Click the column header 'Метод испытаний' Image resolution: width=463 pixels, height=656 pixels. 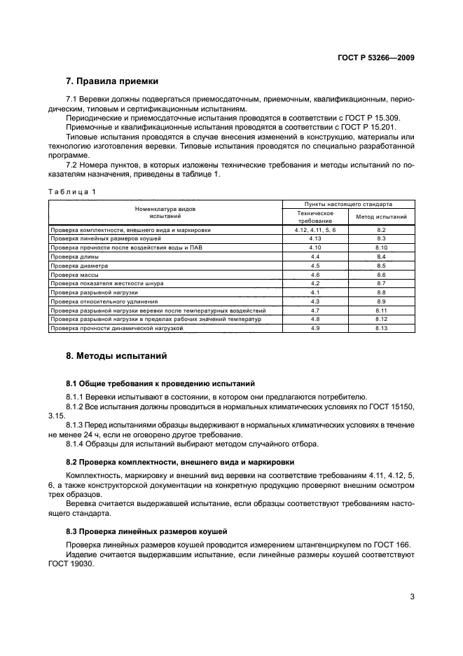[x=381, y=217]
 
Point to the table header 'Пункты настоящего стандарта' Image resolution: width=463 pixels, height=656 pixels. [x=347, y=203]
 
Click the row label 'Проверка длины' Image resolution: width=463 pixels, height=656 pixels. [x=69, y=257]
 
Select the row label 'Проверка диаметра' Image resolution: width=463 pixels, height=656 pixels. [x=74, y=266]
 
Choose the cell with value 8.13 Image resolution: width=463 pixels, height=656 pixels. [x=381, y=328]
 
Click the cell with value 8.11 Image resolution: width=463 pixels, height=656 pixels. [x=381, y=310]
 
